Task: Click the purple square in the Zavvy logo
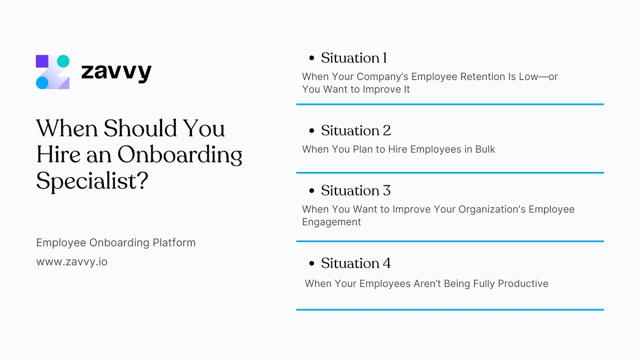42,61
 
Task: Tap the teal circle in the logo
63,61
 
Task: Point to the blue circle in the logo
42,83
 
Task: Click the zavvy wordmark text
116,72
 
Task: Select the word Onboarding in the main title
180,155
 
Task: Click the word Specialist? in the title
92,181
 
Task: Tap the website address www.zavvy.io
72,262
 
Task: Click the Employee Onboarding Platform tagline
116,242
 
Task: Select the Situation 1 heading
354,58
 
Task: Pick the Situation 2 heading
356,130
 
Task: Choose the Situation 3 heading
356,190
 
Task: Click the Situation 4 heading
356,263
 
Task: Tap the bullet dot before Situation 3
312,191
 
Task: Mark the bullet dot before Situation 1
312,58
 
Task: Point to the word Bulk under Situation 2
485,149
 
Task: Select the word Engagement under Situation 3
331,222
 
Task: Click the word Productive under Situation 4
523,284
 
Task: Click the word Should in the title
140,128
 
